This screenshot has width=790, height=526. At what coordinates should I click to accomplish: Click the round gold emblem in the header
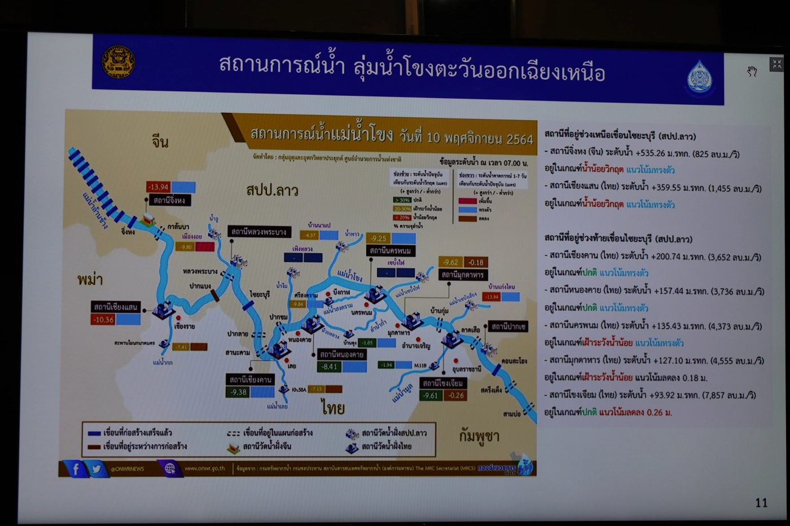(x=118, y=61)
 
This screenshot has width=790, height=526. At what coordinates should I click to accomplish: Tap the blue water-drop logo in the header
(x=700, y=77)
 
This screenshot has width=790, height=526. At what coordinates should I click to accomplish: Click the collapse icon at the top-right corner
(x=776, y=64)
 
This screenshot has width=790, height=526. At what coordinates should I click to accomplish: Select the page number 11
(x=761, y=502)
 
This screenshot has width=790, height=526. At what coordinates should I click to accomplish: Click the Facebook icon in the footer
(x=76, y=468)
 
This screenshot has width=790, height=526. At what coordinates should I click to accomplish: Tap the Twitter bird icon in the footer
(x=96, y=468)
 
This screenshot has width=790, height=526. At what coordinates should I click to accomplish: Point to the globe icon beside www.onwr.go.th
(x=169, y=468)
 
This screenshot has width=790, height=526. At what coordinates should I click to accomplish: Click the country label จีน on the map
(x=160, y=141)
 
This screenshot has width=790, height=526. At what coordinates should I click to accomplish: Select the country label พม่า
(x=90, y=279)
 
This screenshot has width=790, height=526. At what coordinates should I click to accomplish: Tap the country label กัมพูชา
(x=479, y=436)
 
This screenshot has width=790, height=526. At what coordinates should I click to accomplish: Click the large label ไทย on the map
(x=333, y=406)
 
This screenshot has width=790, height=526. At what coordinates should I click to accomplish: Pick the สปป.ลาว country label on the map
(x=272, y=190)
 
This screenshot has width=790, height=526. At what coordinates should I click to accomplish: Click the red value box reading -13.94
(x=158, y=187)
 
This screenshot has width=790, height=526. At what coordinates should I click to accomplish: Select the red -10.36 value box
(x=103, y=320)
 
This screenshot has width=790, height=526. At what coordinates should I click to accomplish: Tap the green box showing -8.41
(x=330, y=366)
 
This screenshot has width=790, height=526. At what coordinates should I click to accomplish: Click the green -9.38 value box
(x=238, y=392)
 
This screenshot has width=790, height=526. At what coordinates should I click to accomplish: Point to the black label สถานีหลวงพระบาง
(x=258, y=232)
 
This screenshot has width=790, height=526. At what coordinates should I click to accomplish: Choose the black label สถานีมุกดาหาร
(x=463, y=275)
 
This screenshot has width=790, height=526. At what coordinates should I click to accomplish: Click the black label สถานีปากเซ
(x=508, y=326)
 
